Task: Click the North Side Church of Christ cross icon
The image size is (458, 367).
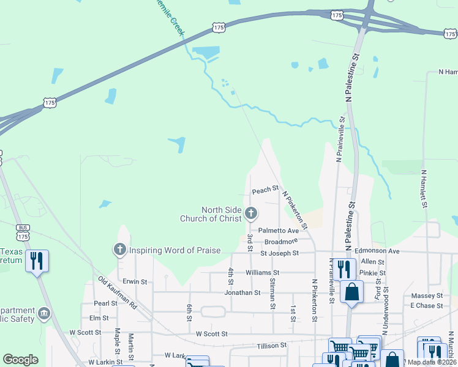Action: (250, 213)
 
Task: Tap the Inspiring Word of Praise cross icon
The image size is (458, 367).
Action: (119, 250)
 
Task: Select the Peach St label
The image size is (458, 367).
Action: (266, 191)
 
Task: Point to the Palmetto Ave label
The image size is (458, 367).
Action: (278, 231)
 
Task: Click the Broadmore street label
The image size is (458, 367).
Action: (281, 242)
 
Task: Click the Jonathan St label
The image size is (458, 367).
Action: (242, 293)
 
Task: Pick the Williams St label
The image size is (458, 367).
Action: (262, 272)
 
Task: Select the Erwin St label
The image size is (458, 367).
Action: (135, 282)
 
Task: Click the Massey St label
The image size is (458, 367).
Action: (422, 296)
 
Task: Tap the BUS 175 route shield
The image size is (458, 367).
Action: (23, 232)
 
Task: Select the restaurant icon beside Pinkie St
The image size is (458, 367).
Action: (345, 269)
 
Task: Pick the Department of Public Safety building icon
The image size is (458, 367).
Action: (44, 314)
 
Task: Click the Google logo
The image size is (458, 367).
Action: (20, 360)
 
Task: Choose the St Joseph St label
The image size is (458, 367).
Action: (279, 253)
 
